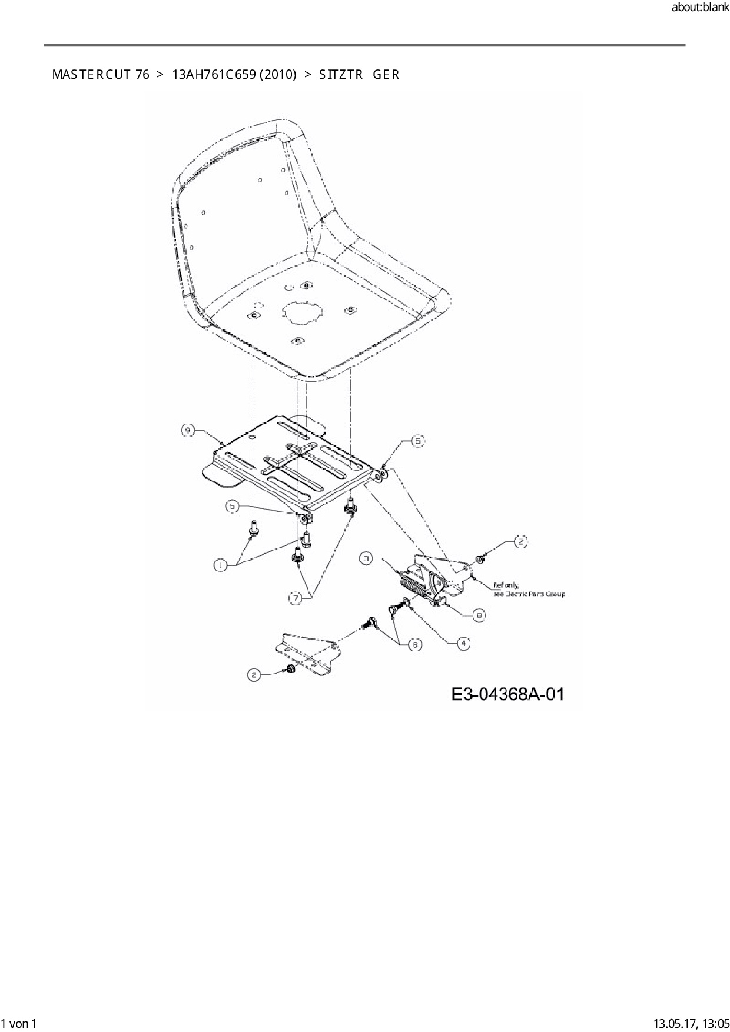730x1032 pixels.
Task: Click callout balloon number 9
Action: point(188,431)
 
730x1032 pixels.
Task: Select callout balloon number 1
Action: point(220,565)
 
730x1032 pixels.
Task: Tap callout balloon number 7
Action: point(296,598)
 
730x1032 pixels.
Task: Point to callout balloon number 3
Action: point(367,558)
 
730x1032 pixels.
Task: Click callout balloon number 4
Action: point(463,644)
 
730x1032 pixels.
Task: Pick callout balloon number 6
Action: point(415,645)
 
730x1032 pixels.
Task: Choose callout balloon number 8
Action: point(479,615)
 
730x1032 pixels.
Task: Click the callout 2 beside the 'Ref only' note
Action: point(520,542)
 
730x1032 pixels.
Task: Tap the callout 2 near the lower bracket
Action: point(254,675)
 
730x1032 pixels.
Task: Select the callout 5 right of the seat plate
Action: point(417,441)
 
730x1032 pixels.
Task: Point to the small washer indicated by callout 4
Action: point(406,602)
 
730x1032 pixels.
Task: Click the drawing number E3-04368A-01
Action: point(507,694)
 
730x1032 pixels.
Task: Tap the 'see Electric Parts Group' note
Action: point(529,594)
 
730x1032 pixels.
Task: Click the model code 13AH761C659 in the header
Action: point(234,75)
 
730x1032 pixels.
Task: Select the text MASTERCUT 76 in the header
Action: point(101,75)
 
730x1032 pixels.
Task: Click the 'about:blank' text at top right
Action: point(700,8)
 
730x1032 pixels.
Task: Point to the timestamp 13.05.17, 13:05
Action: point(690,1023)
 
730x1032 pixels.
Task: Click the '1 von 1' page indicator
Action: point(19,1023)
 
